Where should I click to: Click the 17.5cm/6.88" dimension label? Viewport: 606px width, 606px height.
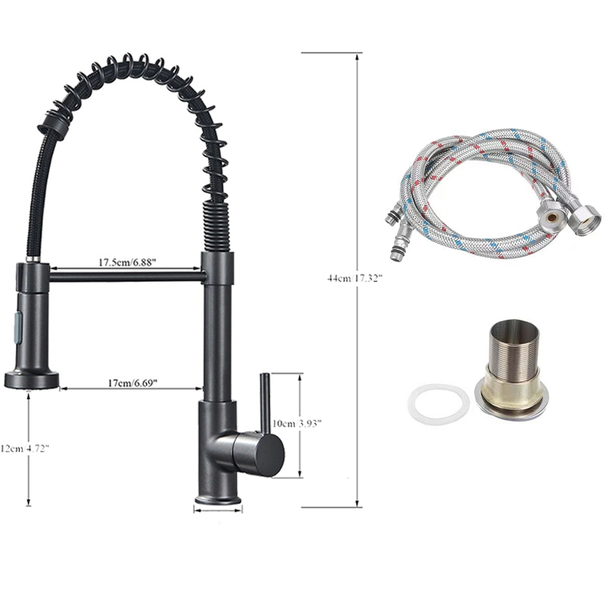pos(127,262)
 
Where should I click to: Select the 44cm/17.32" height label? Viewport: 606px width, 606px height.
pos(355,278)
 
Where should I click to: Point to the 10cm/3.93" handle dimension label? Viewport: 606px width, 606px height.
pos(297,423)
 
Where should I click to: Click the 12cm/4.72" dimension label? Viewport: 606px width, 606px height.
pos(25,448)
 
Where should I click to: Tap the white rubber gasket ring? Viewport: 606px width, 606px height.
pos(439,405)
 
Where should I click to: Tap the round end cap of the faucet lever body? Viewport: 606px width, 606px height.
pos(270,452)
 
